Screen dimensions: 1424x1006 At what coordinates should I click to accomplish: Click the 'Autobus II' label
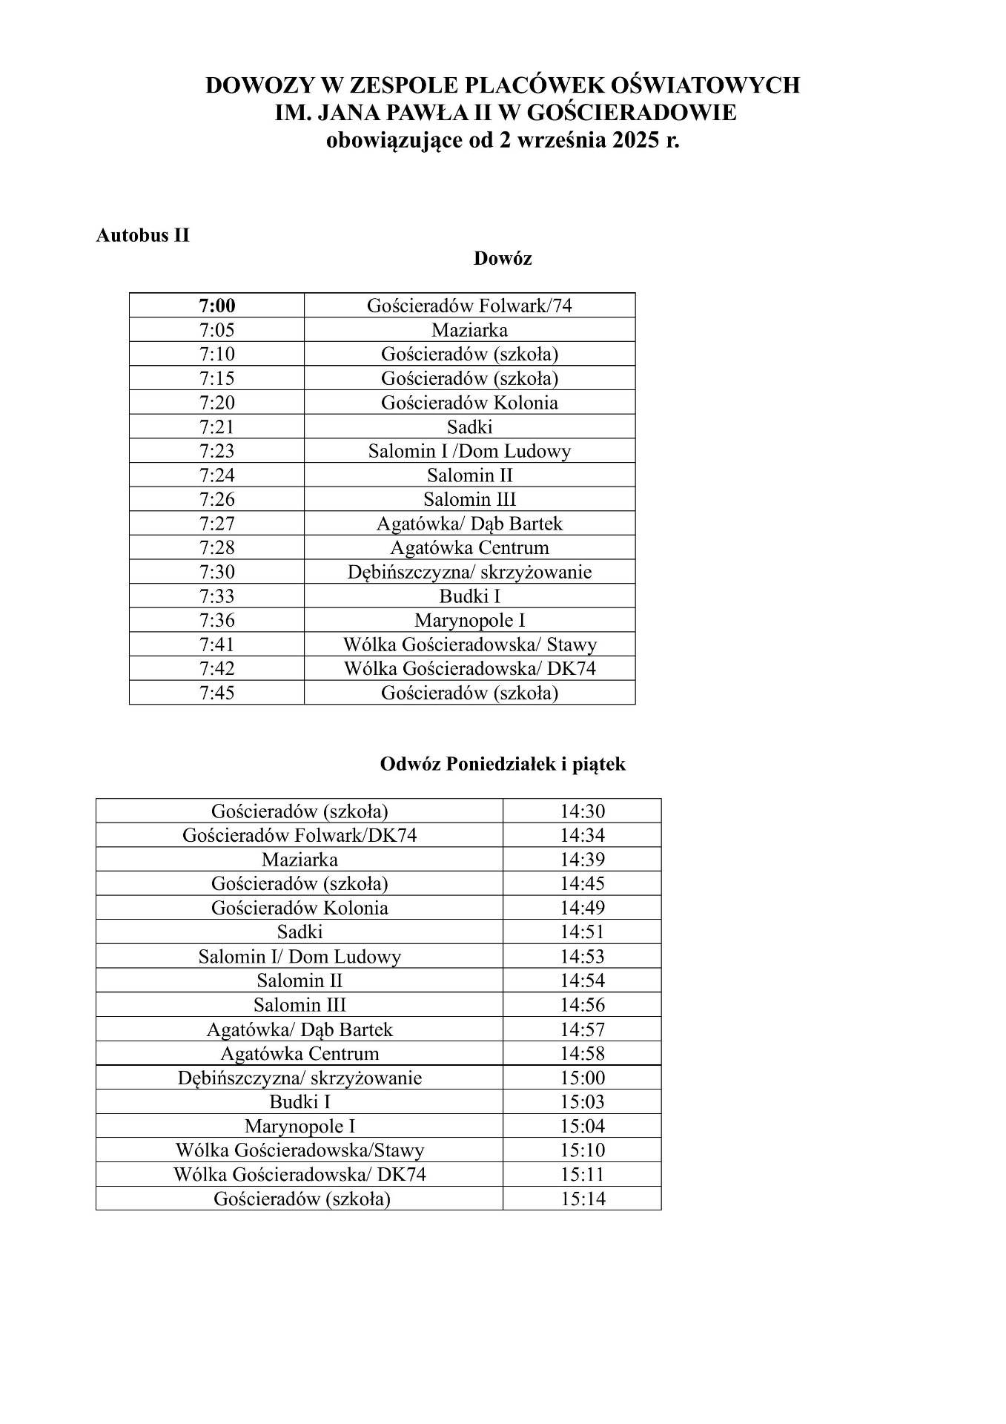point(142,235)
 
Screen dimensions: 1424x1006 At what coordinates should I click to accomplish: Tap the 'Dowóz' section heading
point(502,259)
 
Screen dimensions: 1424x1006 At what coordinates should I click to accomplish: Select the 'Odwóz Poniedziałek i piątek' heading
point(502,764)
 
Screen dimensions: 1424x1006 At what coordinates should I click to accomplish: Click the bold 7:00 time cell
point(216,306)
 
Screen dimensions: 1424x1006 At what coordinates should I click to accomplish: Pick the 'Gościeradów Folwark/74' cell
point(469,306)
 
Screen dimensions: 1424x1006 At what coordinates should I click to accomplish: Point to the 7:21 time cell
point(216,426)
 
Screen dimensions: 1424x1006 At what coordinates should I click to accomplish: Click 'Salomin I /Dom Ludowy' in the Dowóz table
point(469,451)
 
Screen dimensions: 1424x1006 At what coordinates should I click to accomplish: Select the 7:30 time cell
point(216,572)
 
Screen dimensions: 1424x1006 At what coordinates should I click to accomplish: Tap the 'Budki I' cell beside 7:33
point(469,596)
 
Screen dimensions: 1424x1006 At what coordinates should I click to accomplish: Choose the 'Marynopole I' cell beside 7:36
point(469,620)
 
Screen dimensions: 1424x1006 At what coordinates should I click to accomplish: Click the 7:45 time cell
point(216,693)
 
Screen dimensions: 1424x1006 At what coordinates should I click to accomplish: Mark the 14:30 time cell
point(582,811)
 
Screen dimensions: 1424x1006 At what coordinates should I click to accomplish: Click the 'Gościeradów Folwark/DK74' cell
point(300,835)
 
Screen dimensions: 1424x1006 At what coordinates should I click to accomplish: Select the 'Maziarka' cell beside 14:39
point(300,860)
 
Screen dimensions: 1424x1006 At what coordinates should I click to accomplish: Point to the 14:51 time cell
point(582,932)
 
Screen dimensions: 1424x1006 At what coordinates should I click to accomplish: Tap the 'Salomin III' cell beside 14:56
point(300,1005)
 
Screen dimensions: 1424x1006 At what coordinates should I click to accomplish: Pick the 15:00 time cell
point(582,1078)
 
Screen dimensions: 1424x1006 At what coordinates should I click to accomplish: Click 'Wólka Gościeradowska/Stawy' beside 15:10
point(300,1150)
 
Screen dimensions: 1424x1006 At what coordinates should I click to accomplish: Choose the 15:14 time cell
point(582,1199)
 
